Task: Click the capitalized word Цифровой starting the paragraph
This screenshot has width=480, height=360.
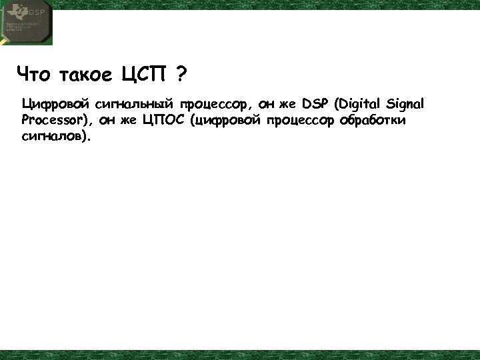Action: tap(55, 105)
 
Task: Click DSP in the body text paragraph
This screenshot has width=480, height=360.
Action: tap(316, 105)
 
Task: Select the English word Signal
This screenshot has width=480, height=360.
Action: tap(405, 105)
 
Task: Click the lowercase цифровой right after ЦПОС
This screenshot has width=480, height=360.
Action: tap(226, 121)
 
